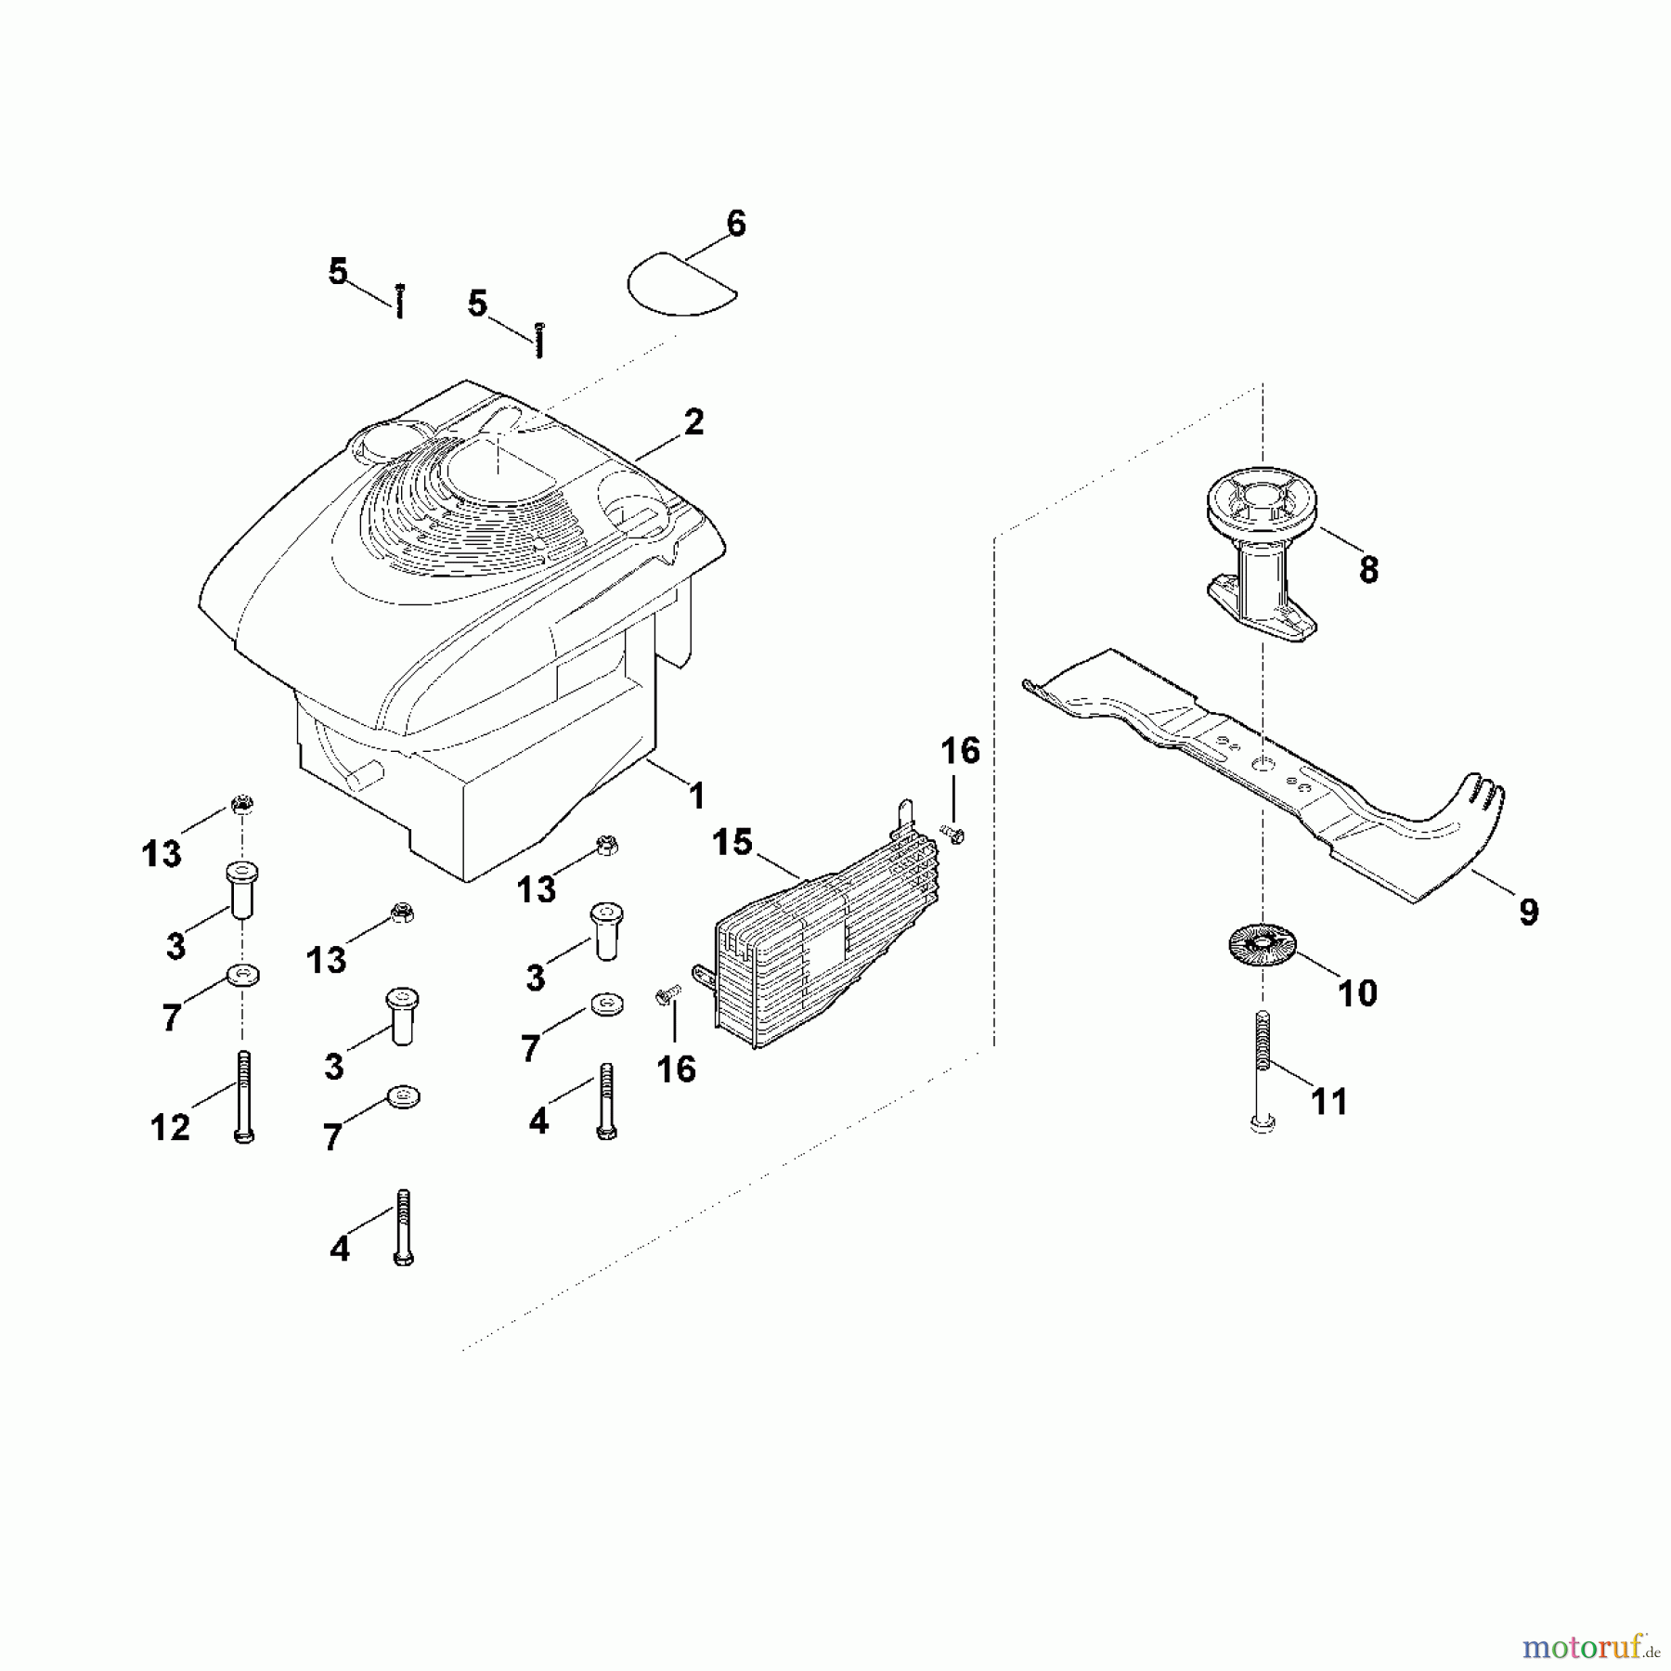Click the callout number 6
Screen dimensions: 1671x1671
coord(735,224)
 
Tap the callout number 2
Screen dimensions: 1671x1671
coord(693,422)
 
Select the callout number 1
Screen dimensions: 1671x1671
coord(697,796)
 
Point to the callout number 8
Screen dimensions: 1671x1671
coord(1368,569)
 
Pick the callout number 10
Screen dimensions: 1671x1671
coord(1356,992)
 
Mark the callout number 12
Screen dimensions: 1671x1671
coord(170,1127)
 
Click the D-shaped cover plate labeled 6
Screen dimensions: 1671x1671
coord(682,280)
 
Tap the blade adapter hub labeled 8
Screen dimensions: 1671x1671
coord(1261,557)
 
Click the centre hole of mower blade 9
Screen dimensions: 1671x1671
coord(1262,761)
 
